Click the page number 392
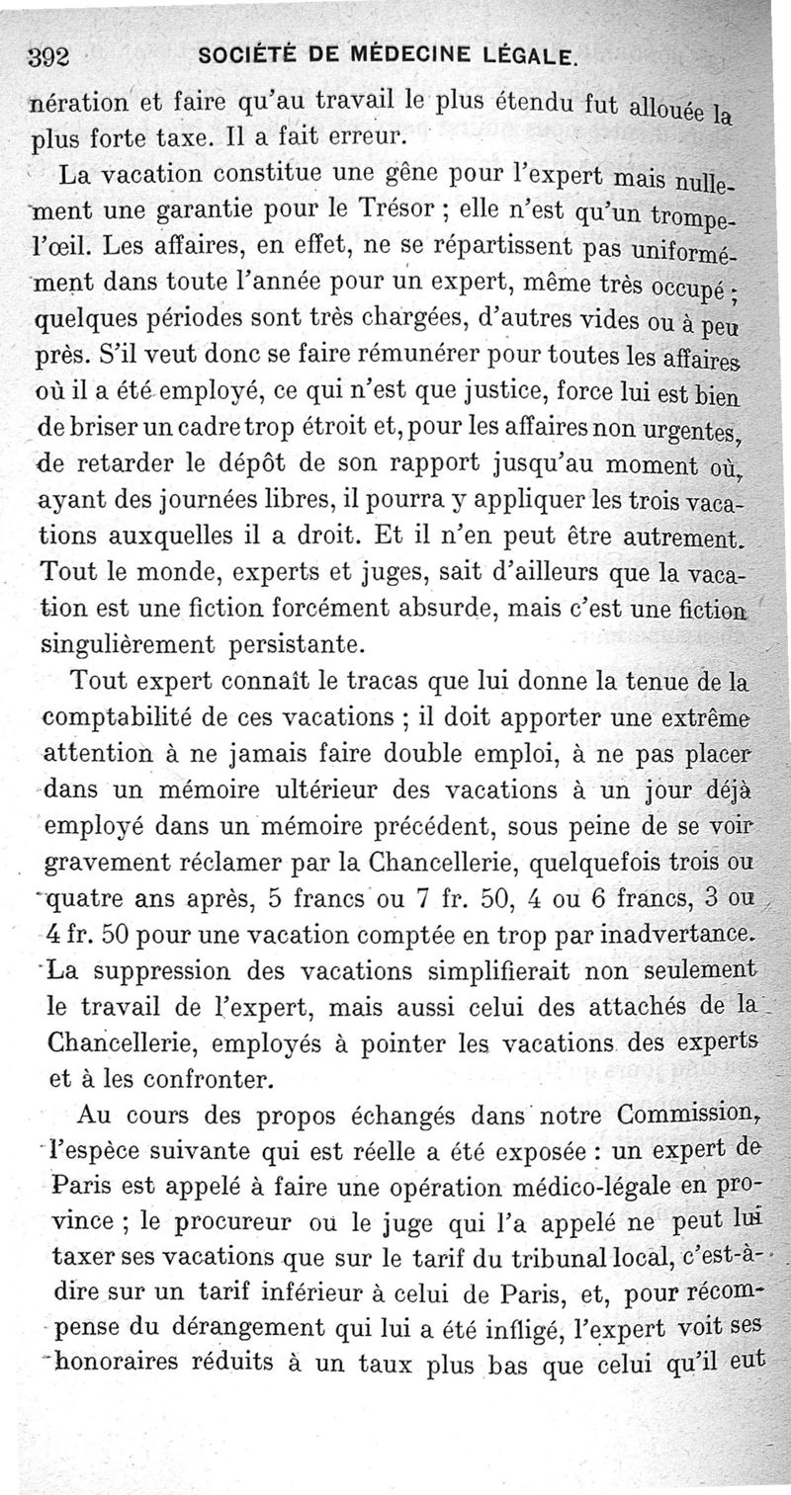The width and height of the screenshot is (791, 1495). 47,56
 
